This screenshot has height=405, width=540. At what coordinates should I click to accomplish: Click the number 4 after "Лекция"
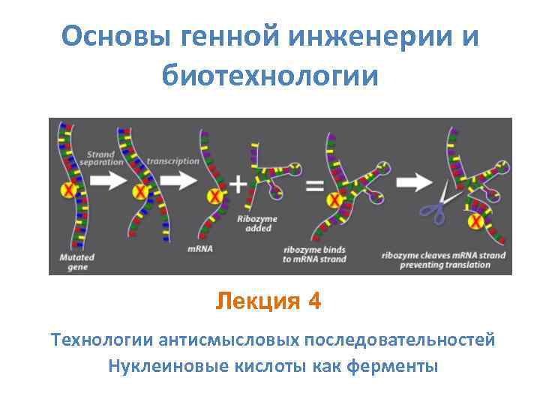pos(314,301)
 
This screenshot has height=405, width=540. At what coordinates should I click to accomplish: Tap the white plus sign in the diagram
pos(237,184)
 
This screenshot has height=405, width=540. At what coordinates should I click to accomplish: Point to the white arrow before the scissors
pos(412,181)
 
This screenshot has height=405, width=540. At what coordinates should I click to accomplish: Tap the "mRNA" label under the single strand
pos(199,248)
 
